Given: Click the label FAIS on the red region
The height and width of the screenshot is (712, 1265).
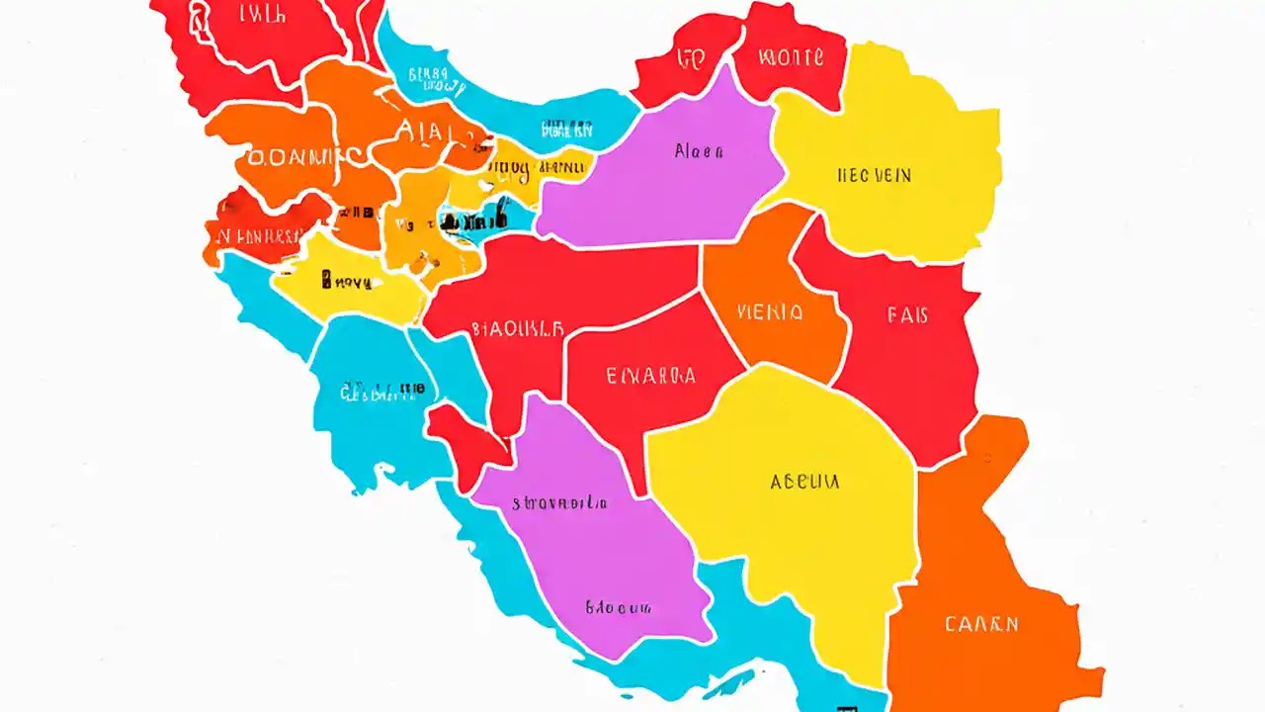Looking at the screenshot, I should [907, 315].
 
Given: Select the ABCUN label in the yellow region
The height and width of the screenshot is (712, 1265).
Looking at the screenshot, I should [803, 482].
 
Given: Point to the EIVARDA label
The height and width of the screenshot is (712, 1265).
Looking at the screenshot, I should [649, 376].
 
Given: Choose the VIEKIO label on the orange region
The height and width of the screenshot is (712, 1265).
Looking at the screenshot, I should [770, 313].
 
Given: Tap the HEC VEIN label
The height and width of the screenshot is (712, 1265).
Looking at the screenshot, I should [874, 176].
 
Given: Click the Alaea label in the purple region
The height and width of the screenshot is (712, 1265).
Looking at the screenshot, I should [699, 152].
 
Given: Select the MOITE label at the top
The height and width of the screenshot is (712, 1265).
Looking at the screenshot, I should [790, 57].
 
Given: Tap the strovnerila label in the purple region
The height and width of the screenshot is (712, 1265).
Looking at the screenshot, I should [559, 502].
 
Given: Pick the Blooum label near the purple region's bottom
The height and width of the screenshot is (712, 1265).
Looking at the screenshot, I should [618, 606].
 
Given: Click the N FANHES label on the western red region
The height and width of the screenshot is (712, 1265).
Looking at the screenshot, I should [255, 236].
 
